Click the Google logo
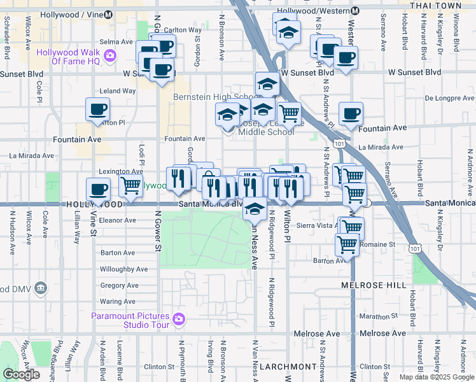[x=21, y=374]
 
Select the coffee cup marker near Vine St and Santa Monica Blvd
[x=98, y=189]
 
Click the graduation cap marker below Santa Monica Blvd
[x=255, y=208]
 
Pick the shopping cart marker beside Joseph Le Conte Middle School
[x=289, y=114]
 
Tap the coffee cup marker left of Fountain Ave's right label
[x=351, y=114]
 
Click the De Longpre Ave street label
[x=450, y=98]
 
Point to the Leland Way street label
[x=118, y=91]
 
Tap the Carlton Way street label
[x=183, y=30]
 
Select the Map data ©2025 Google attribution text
[x=437, y=377]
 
